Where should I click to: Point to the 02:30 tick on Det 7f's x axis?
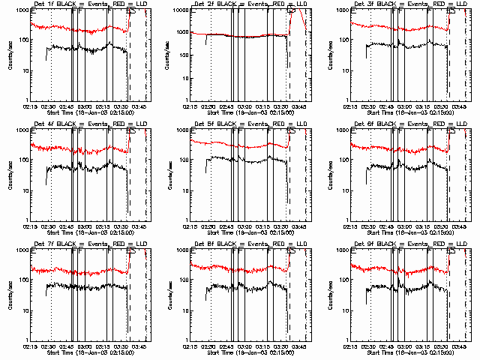[x=49, y=346]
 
